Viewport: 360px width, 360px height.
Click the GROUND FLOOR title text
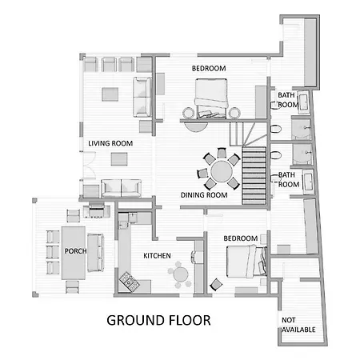click(158, 320)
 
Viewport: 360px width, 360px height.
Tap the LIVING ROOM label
click(110, 143)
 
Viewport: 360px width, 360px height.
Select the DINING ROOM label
click(204, 195)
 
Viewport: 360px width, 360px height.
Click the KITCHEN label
click(157, 256)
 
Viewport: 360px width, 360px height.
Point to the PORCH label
click(75, 251)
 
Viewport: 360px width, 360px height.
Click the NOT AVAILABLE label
click(298, 325)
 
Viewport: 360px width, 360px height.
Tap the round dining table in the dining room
click(222, 171)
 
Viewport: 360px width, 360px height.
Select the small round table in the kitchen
click(181, 274)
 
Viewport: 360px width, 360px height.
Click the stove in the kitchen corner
click(130, 282)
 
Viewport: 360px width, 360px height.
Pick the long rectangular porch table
click(74, 253)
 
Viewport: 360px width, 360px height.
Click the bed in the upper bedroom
click(211, 98)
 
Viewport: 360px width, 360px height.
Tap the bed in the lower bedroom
click(246, 262)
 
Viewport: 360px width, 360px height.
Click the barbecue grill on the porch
click(96, 210)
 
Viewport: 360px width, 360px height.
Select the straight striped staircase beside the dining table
click(254, 175)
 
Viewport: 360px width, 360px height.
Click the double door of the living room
click(90, 165)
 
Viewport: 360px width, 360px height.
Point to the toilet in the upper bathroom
click(276, 130)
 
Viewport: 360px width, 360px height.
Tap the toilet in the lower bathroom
click(276, 155)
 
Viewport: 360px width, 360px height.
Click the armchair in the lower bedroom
click(216, 285)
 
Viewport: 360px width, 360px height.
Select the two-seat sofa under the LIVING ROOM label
click(121, 188)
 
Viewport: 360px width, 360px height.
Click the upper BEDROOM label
click(209, 69)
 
